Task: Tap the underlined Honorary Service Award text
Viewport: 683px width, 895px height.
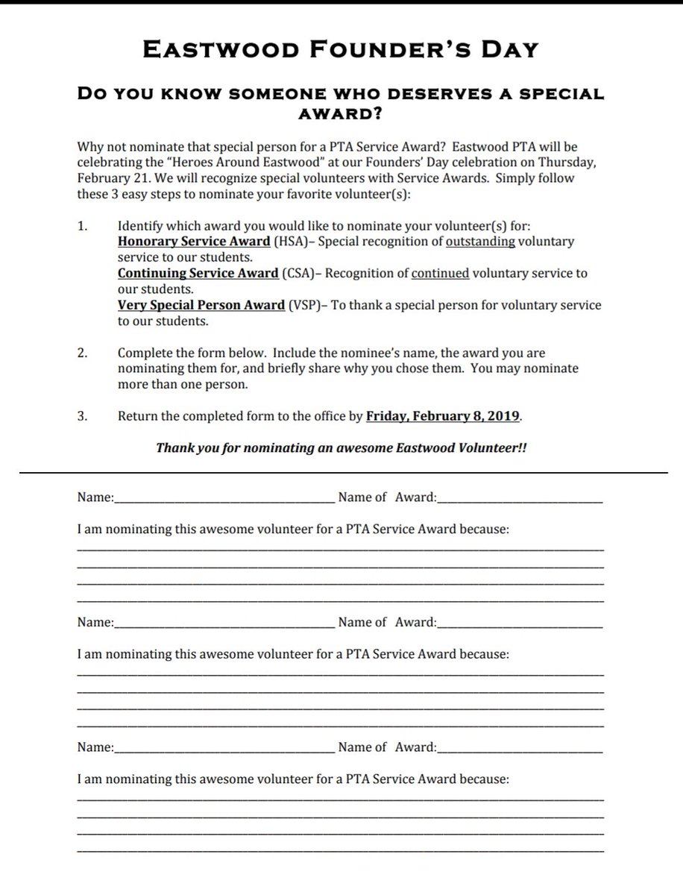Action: coord(194,242)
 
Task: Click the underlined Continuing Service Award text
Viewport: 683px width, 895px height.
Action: coord(198,274)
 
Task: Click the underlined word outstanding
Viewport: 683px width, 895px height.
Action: coord(480,242)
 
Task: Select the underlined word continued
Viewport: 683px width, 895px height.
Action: coord(440,274)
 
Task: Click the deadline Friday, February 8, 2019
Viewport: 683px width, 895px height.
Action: coord(443,417)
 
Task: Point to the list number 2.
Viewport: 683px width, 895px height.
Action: coord(82,354)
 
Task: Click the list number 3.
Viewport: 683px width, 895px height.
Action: coord(82,417)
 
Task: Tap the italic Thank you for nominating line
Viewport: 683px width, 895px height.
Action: coord(341,448)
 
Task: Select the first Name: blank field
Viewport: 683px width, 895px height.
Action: coord(224,498)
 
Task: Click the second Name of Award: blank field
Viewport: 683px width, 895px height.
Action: coord(520,624)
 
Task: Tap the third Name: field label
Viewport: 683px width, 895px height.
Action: coord(95,747)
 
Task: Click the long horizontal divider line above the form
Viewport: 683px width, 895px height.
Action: coord(341,473)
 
